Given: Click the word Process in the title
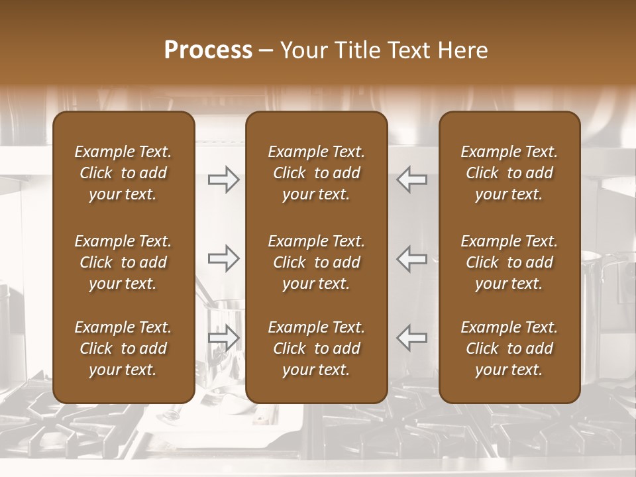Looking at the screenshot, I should tap(208, 50).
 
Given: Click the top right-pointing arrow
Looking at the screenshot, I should tap(224, 180).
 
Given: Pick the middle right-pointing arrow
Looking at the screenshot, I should tap(224, 258).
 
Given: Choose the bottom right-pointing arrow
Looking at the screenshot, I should tap(224, 338).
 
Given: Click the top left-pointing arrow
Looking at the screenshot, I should tap(411, 180).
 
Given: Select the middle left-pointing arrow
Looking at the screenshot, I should tap(411, 258).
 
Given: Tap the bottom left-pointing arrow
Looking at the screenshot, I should tap(411, 338).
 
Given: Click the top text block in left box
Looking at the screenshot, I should tap(123, 173).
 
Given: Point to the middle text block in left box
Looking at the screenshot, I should tap(123, 262).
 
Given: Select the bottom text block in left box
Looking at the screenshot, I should tap(123, 348).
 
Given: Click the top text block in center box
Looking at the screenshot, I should tap(316, 173).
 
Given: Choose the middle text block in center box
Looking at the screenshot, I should tap(316, 262).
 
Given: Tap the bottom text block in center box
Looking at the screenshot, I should tap(316, 348).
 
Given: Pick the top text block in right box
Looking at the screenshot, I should tap(509, 173).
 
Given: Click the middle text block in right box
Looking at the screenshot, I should tap(509, 262).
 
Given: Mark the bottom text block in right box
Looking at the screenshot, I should tap(509, 348).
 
